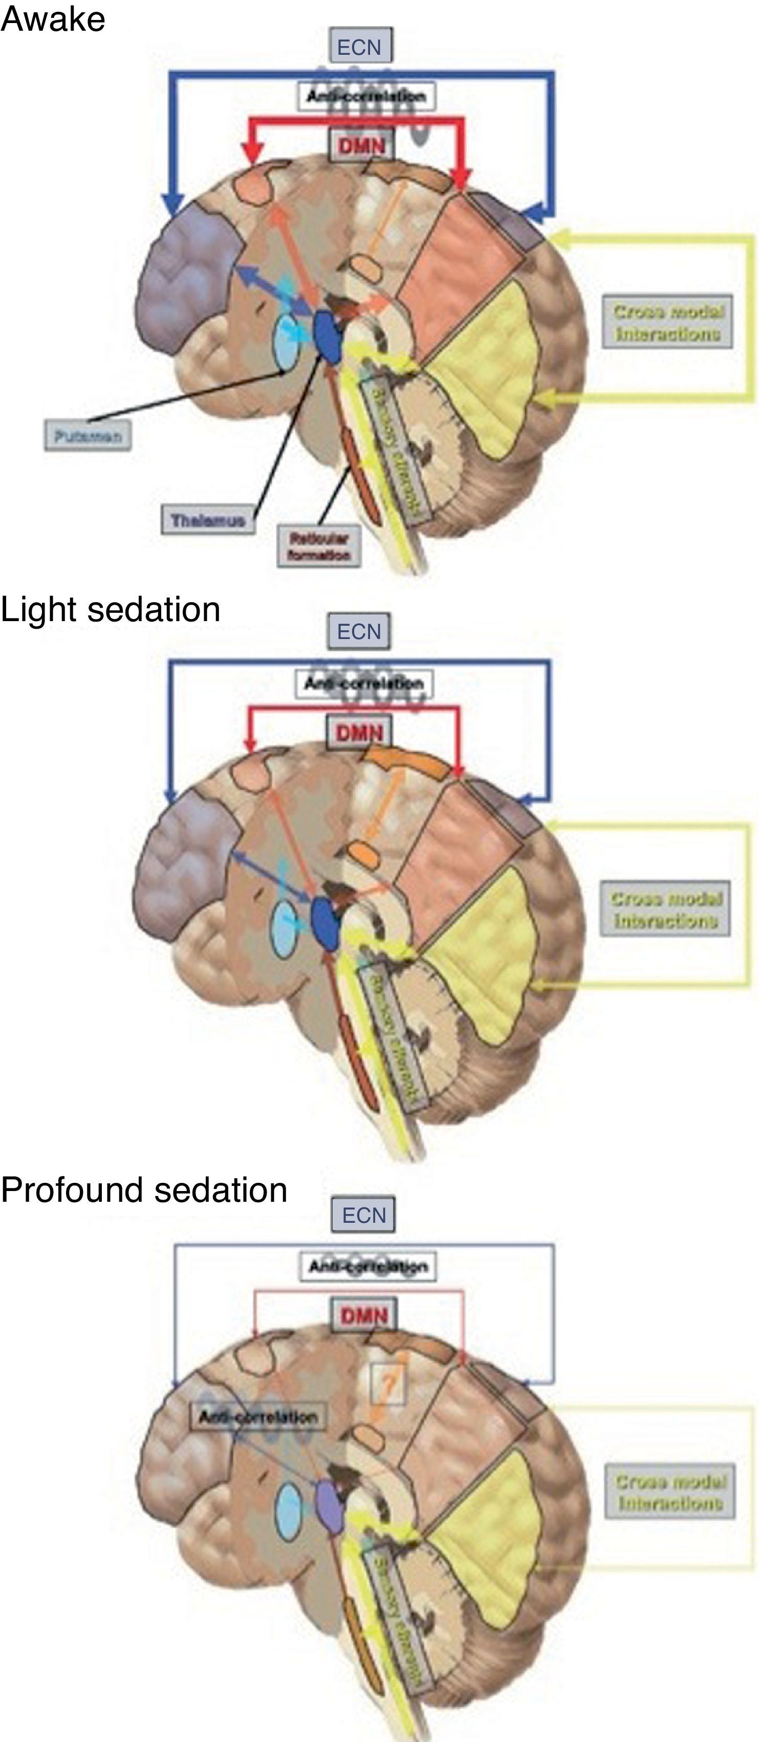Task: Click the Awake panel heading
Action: pyautogui.click(x=53, y=19)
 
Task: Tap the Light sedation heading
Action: pyautogui.click(x=110, y=609)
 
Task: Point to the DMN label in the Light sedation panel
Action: pyautogui.click(x=360, y=732)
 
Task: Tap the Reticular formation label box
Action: pyautogui.click(x=319, y=546)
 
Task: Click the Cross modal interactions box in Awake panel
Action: pyautogui.click(x=667, y=322)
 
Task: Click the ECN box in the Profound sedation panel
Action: pyautogui.click(x=363, y=1215)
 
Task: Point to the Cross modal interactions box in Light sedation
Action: pyautogui.click(x=665, y=909)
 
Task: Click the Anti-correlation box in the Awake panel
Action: pyautogui.click(x=365, y=96)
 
